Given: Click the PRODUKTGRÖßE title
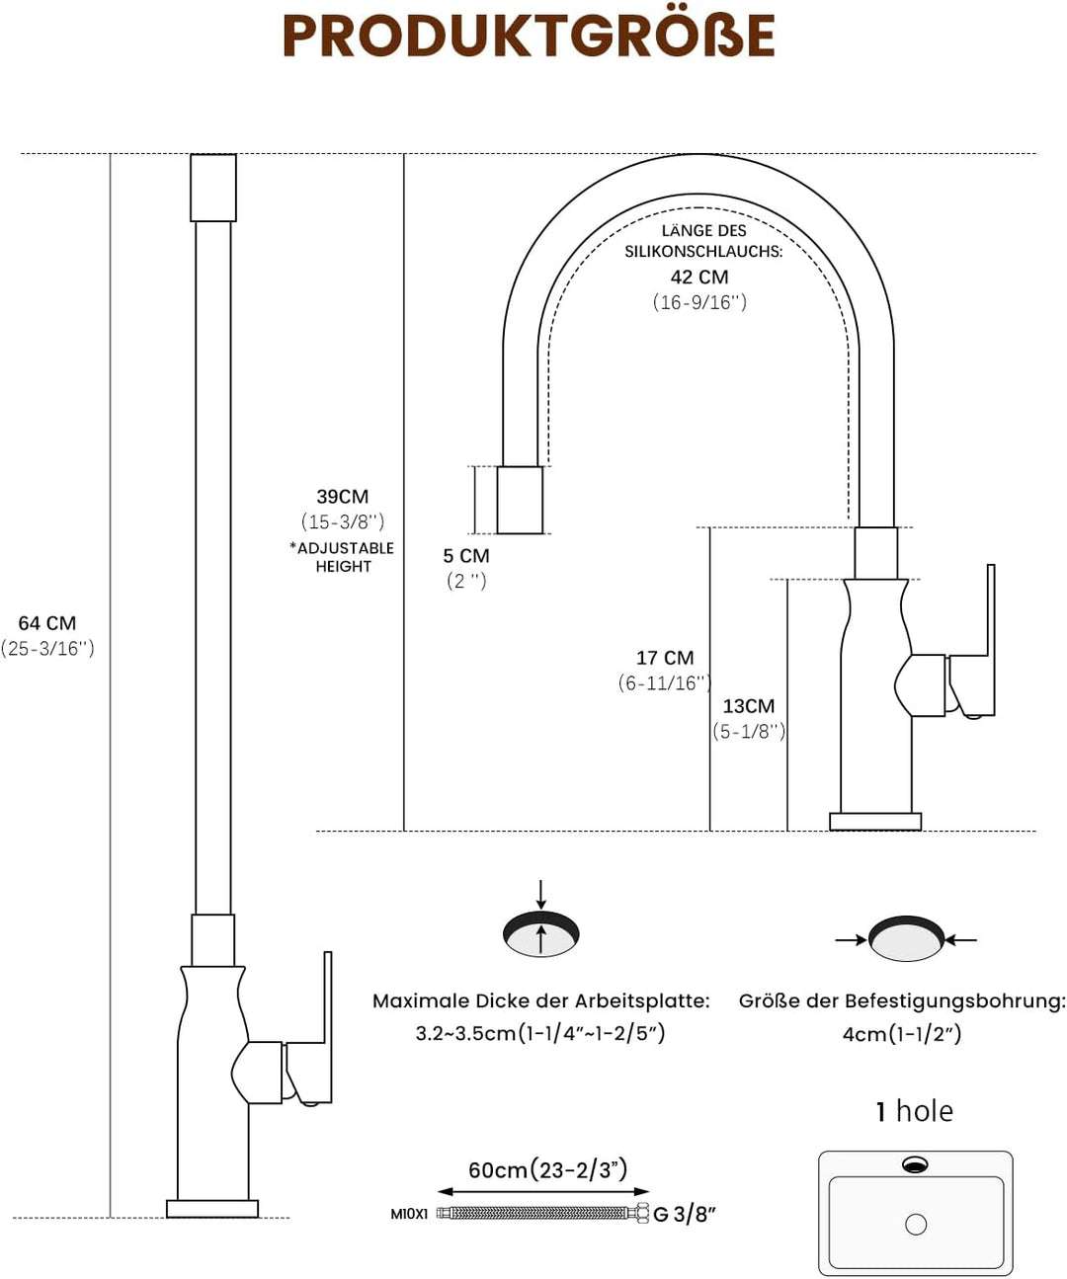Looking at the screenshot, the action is [529, 36].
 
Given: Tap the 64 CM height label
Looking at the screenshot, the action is [47, 623].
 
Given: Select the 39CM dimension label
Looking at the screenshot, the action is [343, 496].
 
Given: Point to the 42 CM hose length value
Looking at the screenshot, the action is [699, 277].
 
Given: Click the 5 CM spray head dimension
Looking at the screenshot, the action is [466, 556].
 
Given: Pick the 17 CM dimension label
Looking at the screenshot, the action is [665, 657].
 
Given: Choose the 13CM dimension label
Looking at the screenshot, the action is [748, 705].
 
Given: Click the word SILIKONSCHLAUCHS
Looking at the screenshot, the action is [703, 252].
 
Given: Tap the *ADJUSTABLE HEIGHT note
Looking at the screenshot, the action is [342, 557].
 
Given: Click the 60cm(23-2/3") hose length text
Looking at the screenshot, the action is [548, 1169].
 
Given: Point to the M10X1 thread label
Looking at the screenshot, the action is [409, 1214].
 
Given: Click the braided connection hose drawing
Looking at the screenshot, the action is [542, 1213].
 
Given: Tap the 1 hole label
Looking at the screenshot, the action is [915, 1111].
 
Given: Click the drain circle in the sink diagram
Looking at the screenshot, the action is [916, 1225].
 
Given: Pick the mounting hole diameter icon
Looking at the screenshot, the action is [906, 938].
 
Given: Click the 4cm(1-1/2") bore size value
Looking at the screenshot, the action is [902, 1034].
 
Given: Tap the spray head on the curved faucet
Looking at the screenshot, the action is [520, 500].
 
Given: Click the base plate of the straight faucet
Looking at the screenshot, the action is [212, 1209].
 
